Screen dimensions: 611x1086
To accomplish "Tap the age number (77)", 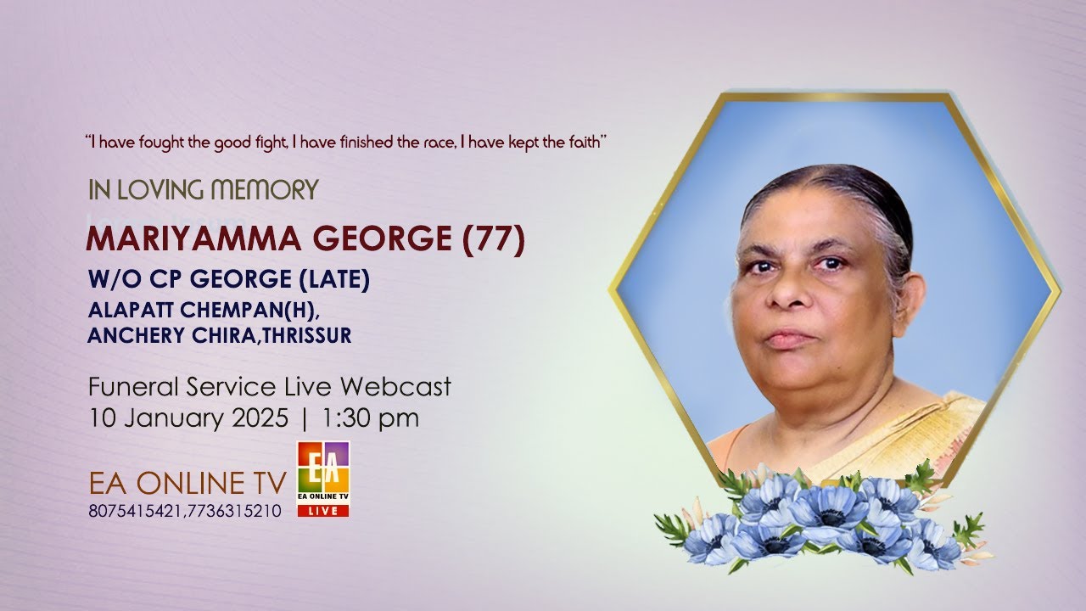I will pos(494,240).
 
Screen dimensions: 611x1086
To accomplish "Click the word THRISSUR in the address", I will pos(307,336).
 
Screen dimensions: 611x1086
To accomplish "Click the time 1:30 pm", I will pos(371,418).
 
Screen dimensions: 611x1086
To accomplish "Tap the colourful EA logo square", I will pos(322,466).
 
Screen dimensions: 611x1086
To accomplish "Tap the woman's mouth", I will pos(790,338).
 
